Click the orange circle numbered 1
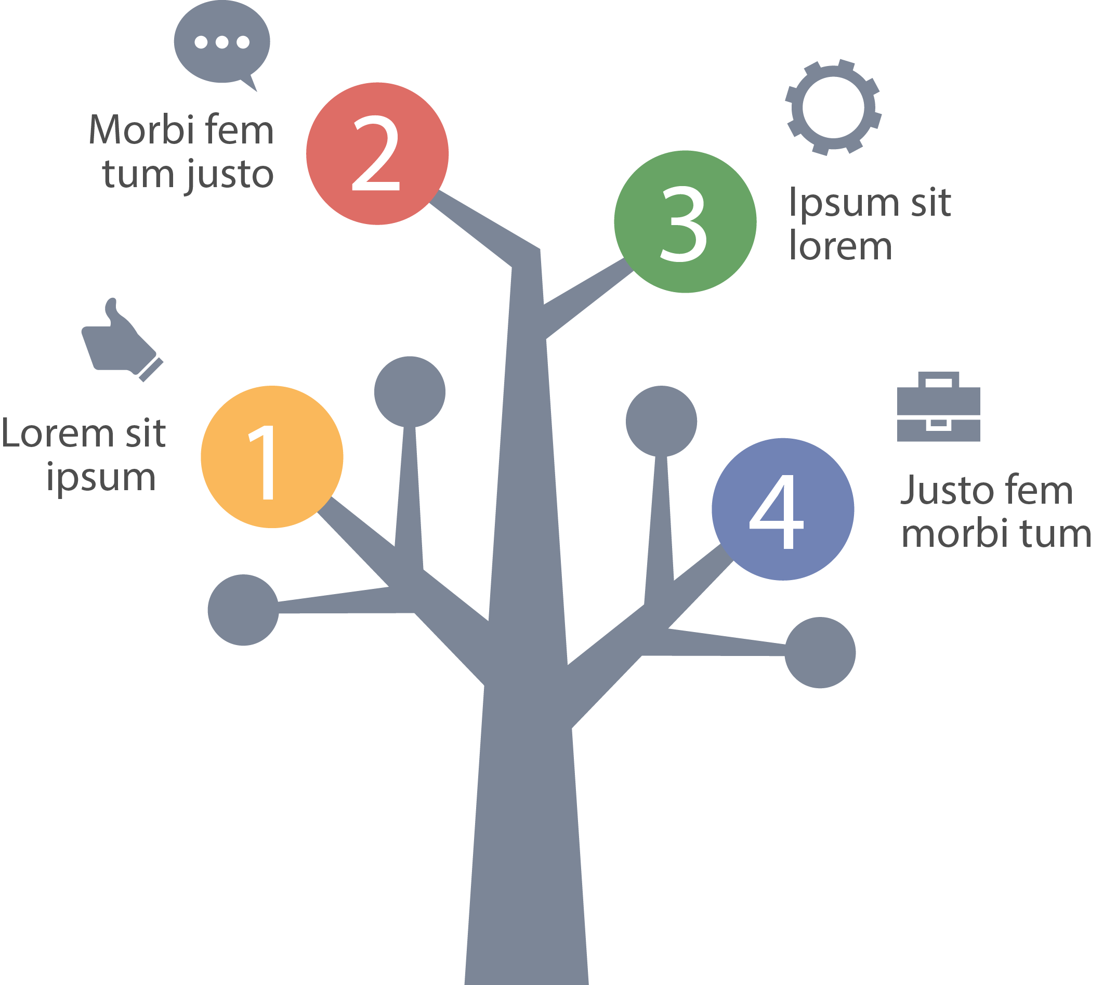[272, 457]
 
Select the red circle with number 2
[377, 154]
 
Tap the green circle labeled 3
[685, 221]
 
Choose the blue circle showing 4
[783, 509]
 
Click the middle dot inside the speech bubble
[222, 42]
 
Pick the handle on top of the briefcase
[938, 379]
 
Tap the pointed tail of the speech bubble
[250, 84]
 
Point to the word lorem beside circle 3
[841, 246]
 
